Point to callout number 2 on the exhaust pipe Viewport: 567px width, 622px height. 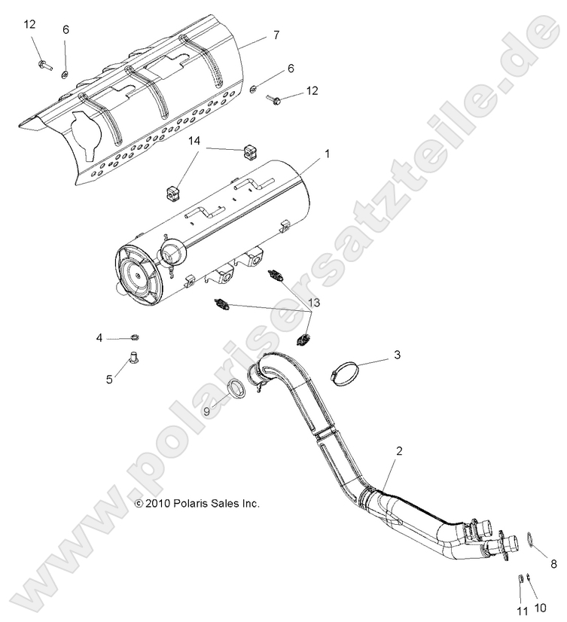[x=399, y=451]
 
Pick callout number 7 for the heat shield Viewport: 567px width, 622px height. [x=276, y=35]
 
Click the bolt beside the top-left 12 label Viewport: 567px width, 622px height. [x=44, y=66]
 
